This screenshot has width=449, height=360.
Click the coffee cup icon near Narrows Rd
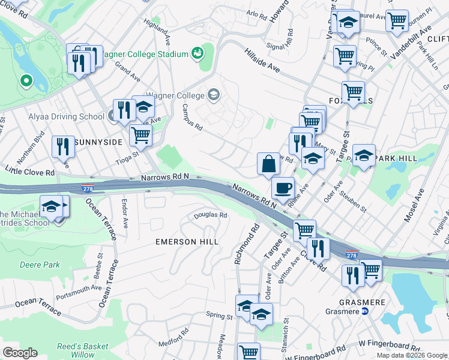click(283, 187)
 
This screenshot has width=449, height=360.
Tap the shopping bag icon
click(268, 164)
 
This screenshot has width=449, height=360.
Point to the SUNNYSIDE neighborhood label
click(100, 142)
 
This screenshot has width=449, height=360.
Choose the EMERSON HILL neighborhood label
click(187, 241)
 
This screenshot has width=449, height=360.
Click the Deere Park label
click(39, 264)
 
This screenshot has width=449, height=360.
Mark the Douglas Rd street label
click(210, 215)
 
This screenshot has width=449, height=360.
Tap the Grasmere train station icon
click(364, 311)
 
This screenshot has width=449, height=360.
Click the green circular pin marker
click(25, 80)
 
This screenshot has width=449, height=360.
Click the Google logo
click(20, 353)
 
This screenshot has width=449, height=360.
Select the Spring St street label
click(219, 316)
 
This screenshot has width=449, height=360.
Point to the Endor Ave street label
click(125, 214)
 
